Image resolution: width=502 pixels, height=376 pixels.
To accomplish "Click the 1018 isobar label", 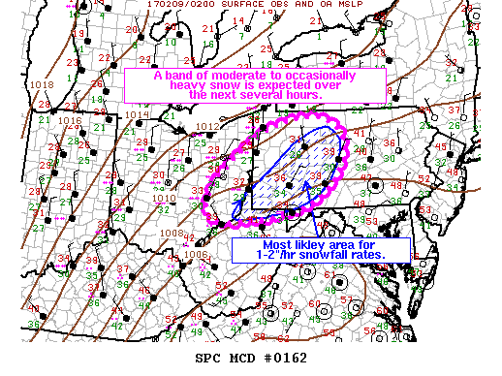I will (x=42, y=85).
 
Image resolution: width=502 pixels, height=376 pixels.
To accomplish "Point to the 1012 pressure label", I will (x=204, y=126).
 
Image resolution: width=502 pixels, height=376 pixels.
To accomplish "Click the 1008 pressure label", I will (x=171, y=233).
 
